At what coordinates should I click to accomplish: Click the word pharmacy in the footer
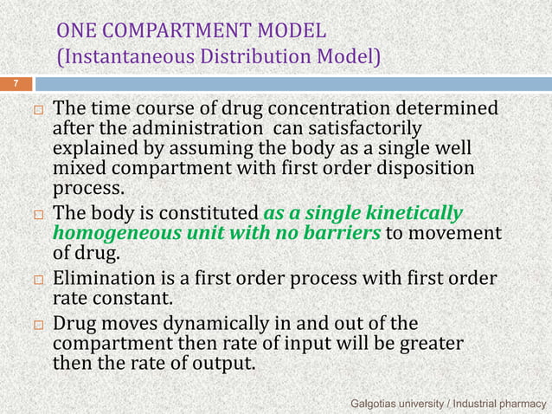[520, 403]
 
